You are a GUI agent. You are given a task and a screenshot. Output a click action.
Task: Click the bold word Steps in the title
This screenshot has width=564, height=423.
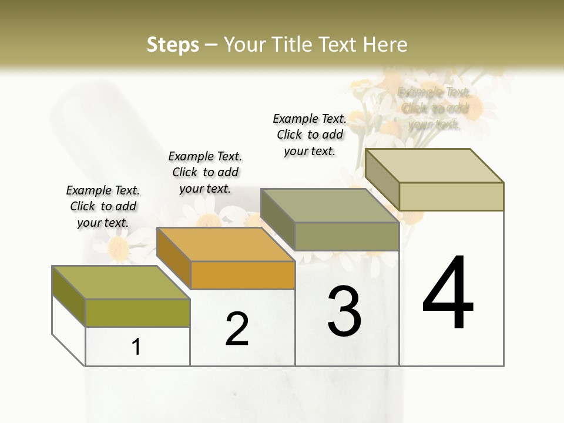click(x=173, y=45)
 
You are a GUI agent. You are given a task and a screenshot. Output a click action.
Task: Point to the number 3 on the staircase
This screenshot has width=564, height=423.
click(x=344, y=311)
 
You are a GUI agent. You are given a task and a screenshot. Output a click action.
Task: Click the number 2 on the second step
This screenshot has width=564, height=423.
click(x=237, y=329)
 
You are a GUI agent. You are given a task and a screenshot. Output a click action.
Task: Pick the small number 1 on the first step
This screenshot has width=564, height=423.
click(x=136, y=347)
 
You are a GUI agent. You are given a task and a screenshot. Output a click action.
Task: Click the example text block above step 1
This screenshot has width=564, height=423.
click(x=103, y=206)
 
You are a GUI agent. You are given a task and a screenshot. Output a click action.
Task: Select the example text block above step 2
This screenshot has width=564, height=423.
click(x=205, y=172)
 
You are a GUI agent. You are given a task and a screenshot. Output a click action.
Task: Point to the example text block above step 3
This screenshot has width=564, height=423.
click(x=310, y=135)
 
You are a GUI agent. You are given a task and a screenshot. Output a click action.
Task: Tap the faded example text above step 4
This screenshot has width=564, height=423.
click(x=434, y=108)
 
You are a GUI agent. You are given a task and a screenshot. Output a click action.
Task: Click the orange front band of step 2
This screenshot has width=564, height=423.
click(x=243, y=275)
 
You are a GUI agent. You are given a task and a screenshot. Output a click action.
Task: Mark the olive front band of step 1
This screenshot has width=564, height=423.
click(x=137, y=313)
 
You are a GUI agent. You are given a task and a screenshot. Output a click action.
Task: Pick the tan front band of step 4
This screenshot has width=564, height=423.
click(x=451, y=196)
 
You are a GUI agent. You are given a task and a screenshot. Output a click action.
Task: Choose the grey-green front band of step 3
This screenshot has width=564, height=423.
click(x=347, y=236)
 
